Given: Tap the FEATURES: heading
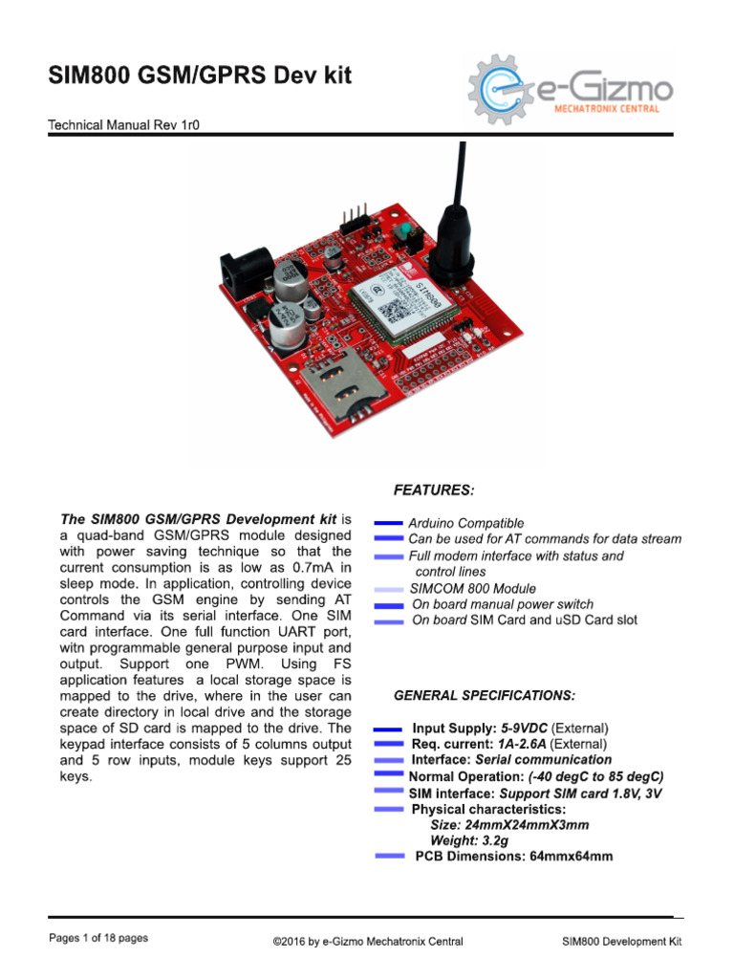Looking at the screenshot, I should (433, 490).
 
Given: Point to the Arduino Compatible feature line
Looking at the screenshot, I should (466, 523).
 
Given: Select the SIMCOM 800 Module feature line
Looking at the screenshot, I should (473, 588).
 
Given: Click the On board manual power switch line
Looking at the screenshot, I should (503, 604).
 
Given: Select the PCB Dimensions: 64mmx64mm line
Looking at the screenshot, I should (513, 857).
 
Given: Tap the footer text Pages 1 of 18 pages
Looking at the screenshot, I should (98, 939).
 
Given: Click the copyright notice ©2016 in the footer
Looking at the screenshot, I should (368, 942).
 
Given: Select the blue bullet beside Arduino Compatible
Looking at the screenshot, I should (387, 523).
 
